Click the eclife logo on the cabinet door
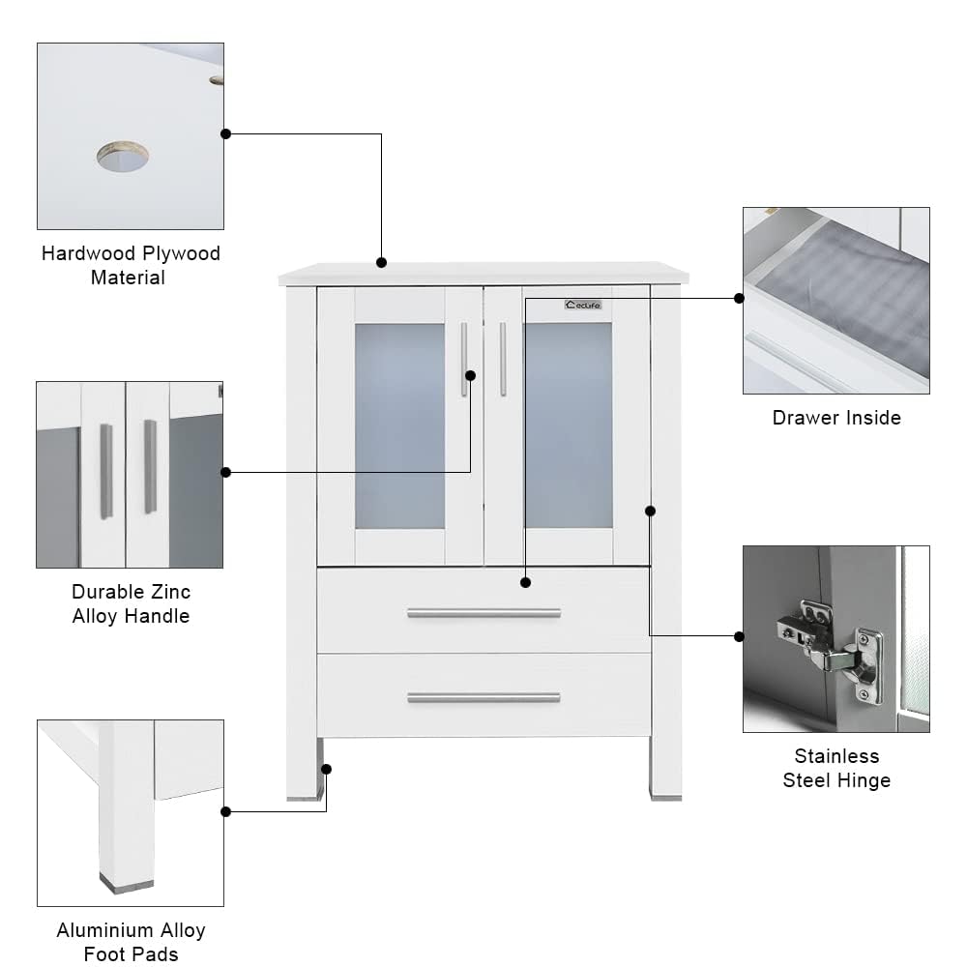tap(583, 305)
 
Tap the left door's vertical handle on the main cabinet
tap(464, 359)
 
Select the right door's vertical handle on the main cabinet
tap(503, 359)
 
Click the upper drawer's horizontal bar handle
tap(483, 613)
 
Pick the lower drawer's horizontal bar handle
tap(483, 697)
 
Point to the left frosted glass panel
tap(399, 425)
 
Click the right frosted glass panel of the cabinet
tap(569, 425)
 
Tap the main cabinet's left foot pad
tap(304, 798)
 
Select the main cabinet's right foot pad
tap(665, 798)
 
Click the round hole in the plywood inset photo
tap(123, 156)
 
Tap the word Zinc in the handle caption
tap(171, 592)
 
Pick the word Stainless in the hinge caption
tap(836, 756)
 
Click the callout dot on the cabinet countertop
tap(381, 262)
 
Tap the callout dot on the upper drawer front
tap(525, 582)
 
